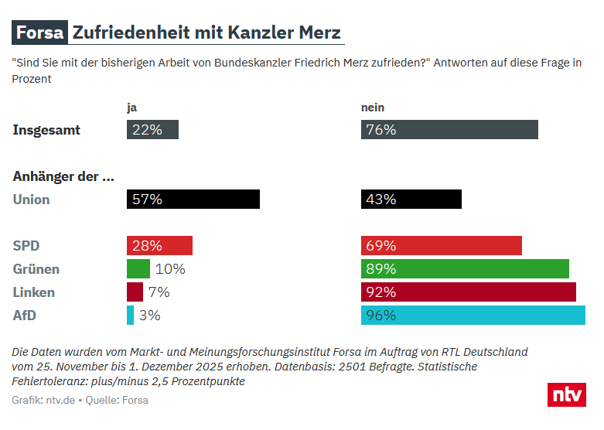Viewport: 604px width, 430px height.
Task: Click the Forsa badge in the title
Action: pos(39,33)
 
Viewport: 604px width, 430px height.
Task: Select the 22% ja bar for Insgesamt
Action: pos(152,130)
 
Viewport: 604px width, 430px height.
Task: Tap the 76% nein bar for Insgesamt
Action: pos(449,130)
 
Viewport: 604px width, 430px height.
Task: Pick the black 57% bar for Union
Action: pos(193,200)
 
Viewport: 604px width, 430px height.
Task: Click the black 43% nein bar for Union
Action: pos(411,200)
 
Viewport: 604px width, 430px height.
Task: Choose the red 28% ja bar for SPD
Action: pos(159,246)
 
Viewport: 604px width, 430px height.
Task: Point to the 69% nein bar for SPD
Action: pos(442,246)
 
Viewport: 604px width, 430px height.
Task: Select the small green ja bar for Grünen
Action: pos(138,269)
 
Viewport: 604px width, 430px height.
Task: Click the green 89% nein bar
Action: pos(465,269)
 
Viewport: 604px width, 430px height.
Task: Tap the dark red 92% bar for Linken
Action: pos(469,292)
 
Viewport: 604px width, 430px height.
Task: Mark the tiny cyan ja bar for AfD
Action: pos(131,316)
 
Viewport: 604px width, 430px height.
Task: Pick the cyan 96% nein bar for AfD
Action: pos(473,316)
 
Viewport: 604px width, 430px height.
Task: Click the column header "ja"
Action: pos(131,107)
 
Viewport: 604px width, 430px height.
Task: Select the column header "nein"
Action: pos(373,107)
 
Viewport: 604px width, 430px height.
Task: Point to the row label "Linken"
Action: pos(34,292)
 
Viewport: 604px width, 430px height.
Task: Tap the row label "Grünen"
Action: pos(36,269)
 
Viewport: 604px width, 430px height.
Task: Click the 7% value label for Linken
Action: pos(159,292)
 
